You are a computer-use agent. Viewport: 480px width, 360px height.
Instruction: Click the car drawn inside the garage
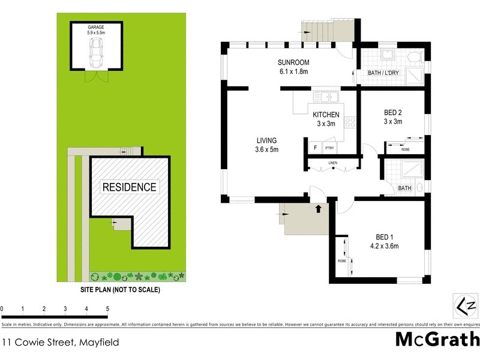95,56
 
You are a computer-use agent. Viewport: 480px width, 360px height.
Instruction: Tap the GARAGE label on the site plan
95,26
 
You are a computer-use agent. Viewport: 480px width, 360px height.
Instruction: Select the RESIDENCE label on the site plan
129,187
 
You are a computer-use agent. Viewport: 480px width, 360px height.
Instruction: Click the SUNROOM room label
293,63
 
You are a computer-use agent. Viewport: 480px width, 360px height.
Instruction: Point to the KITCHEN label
326,115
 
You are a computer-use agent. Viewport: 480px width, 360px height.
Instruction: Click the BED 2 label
393,112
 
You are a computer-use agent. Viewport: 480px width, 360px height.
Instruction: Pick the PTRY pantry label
329,148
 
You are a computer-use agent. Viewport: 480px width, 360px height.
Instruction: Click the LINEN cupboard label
333,163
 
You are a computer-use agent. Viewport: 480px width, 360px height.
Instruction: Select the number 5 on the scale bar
108,309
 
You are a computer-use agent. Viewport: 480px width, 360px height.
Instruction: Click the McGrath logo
437,339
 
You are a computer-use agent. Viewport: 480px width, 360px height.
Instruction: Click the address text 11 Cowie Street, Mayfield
60,343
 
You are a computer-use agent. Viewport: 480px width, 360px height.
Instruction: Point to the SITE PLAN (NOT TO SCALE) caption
121,289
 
